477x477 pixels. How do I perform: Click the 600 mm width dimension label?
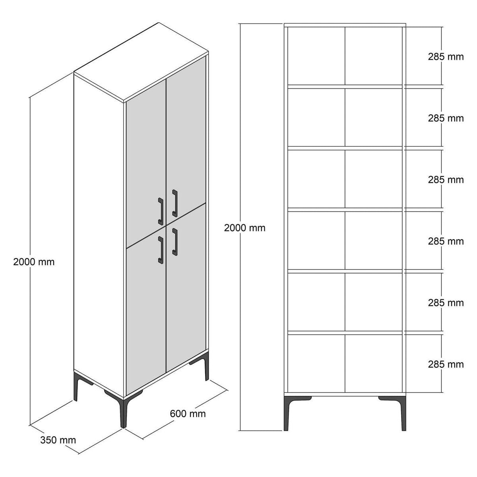(188, 414)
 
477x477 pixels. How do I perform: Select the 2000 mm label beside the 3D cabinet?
(34, 262)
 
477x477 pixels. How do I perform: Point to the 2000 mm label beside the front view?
(244, 228)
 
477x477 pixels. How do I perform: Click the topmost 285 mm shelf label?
(446, 57)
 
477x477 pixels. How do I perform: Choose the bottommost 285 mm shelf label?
(446, 364)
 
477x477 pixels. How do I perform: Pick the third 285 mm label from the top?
(446, 180)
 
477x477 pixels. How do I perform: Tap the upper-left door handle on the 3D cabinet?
(161, 210)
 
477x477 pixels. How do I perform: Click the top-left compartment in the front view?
(316, 56)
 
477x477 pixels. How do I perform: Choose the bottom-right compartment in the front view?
(374, 363)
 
